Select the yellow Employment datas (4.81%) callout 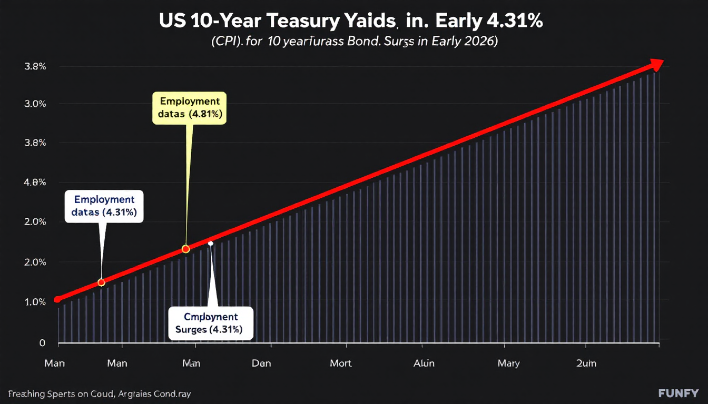(x=189, y=108)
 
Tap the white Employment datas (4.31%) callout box (x=104, y=206)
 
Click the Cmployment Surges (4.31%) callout (x=211, y=324)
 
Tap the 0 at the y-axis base (x=43, y=343)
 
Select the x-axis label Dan (x=262, y=363)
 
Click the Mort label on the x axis (x=340, y=363)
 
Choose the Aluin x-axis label (x=424, y=363)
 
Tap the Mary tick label (x=508, y=363)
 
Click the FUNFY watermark (x=678, y=393)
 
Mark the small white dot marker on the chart (x=210, y=243)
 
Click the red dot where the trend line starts (x=57, y=299)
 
